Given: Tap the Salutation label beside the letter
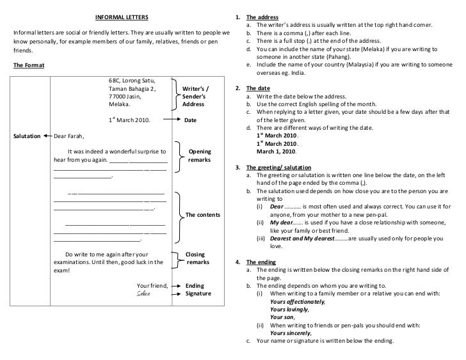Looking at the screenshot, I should pyautogui.click(x=27, y=136).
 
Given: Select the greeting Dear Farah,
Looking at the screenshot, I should pyautogui.click(x=69, y=136).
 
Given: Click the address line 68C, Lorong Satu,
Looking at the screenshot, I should pyautogui.click(x=133, y=81).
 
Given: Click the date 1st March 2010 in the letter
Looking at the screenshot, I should pyautogui.click(x=131, y=120).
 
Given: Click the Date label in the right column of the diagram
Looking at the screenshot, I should pyautogui.click(x=191, y=120).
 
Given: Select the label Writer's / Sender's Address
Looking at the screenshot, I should pyautogui.click(x=195, y=96).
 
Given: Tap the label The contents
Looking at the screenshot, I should pyautogui.click(x=202, y=215).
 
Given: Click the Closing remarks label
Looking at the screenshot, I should pyautogui.click(x=197, y=258).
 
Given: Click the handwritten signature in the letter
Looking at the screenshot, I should pyautogui.click(x=142, y=293).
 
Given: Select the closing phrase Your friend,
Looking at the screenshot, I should pyautogui.click(x=152, y=285).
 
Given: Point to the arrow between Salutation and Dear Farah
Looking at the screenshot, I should pyautogui.click(x=47, y=136).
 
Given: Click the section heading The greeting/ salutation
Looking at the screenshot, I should pyautogui.click(x=273, y=167).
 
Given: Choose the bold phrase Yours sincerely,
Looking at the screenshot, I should pyautogui.click(x=291, y=333).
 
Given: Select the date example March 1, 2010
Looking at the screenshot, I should pyautogui.click(x=277, y=152).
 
